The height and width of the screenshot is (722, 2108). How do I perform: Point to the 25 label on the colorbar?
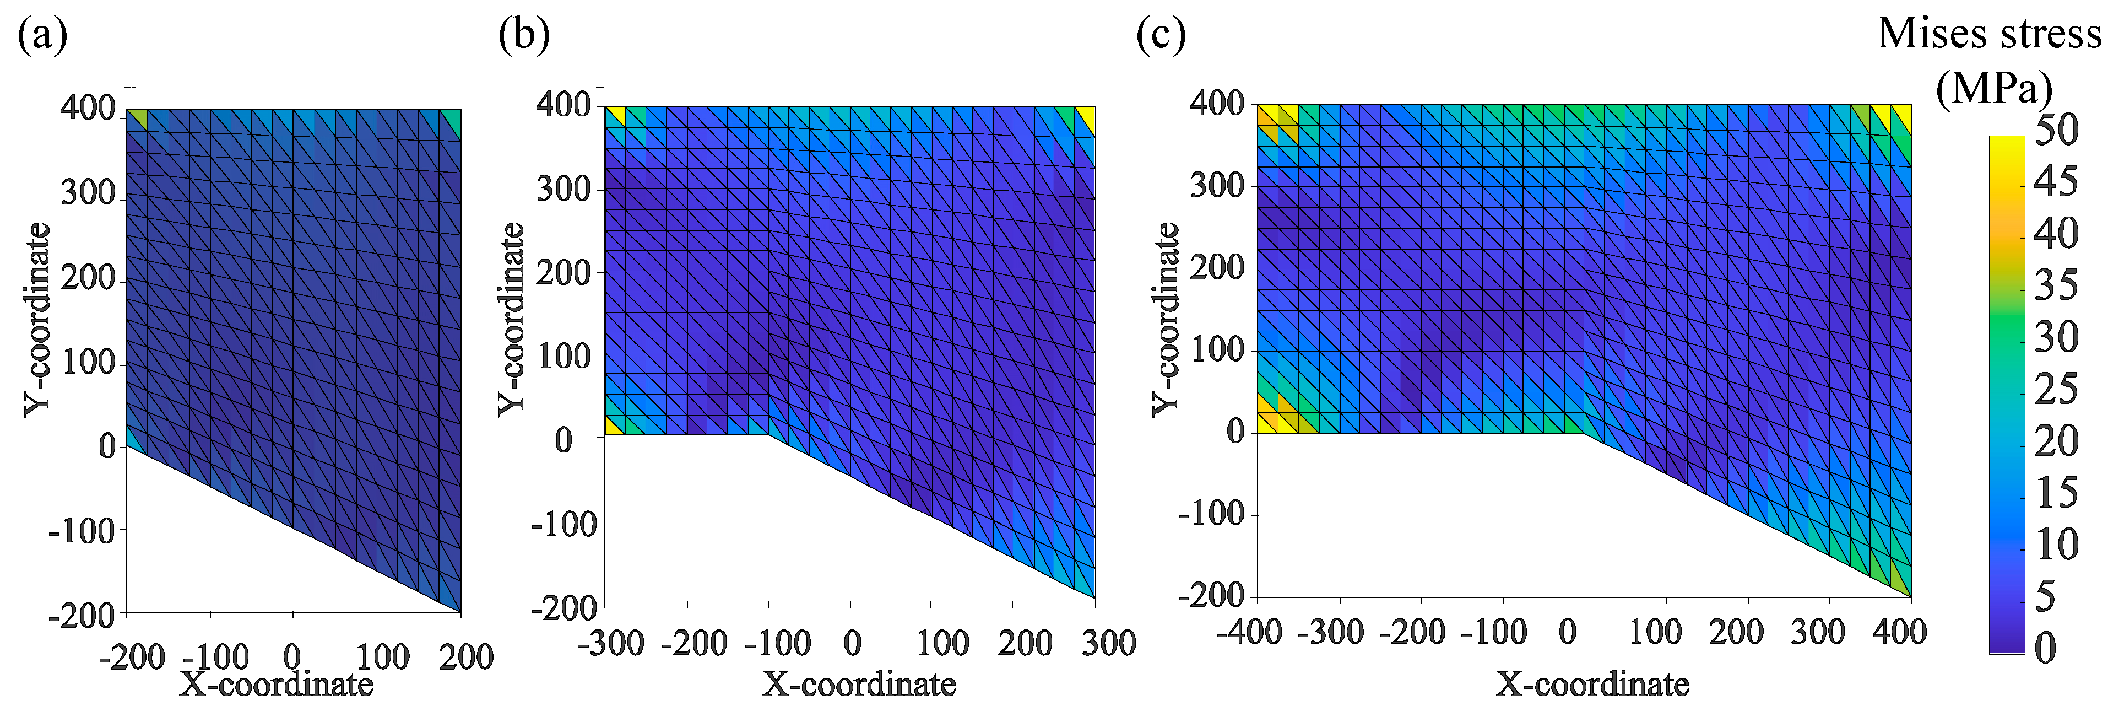pyautogui.click(x=2056, y=389)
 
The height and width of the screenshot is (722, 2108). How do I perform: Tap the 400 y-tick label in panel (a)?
pyautogui.click(x=88, y=107)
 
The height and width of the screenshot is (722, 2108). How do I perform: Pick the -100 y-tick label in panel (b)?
pyautogui.click(x=564, y=523)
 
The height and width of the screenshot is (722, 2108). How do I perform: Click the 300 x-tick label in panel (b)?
pyautogui.click(x=1108, y=643)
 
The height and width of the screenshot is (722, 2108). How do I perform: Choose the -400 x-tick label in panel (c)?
pyautogui.click(x=1249, y=632)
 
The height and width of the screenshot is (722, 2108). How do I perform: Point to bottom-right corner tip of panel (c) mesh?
pyautogui.click(x=1909, y=595)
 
